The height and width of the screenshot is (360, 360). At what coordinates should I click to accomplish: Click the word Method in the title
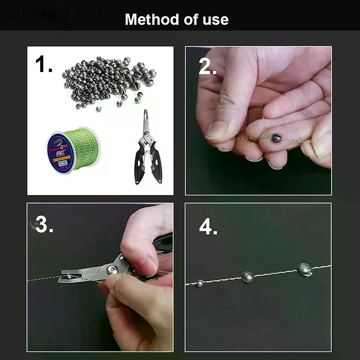(148, 19)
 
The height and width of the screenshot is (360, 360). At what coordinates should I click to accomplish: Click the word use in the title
(215, 19)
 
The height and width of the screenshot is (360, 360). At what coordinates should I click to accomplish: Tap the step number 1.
(43, 65)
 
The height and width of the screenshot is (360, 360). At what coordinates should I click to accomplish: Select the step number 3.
(44, 225)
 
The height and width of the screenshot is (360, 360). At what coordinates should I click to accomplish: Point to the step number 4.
(208, 227)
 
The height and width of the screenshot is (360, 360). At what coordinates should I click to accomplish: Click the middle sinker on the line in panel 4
(247, 277)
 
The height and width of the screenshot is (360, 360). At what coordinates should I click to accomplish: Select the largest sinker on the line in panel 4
(304, 270)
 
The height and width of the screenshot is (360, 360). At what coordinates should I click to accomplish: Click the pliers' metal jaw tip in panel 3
(67, 275)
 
